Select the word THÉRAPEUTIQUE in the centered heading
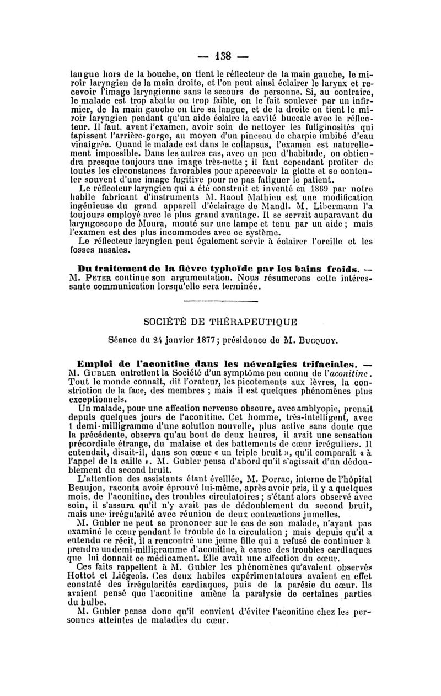click(257, 322)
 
